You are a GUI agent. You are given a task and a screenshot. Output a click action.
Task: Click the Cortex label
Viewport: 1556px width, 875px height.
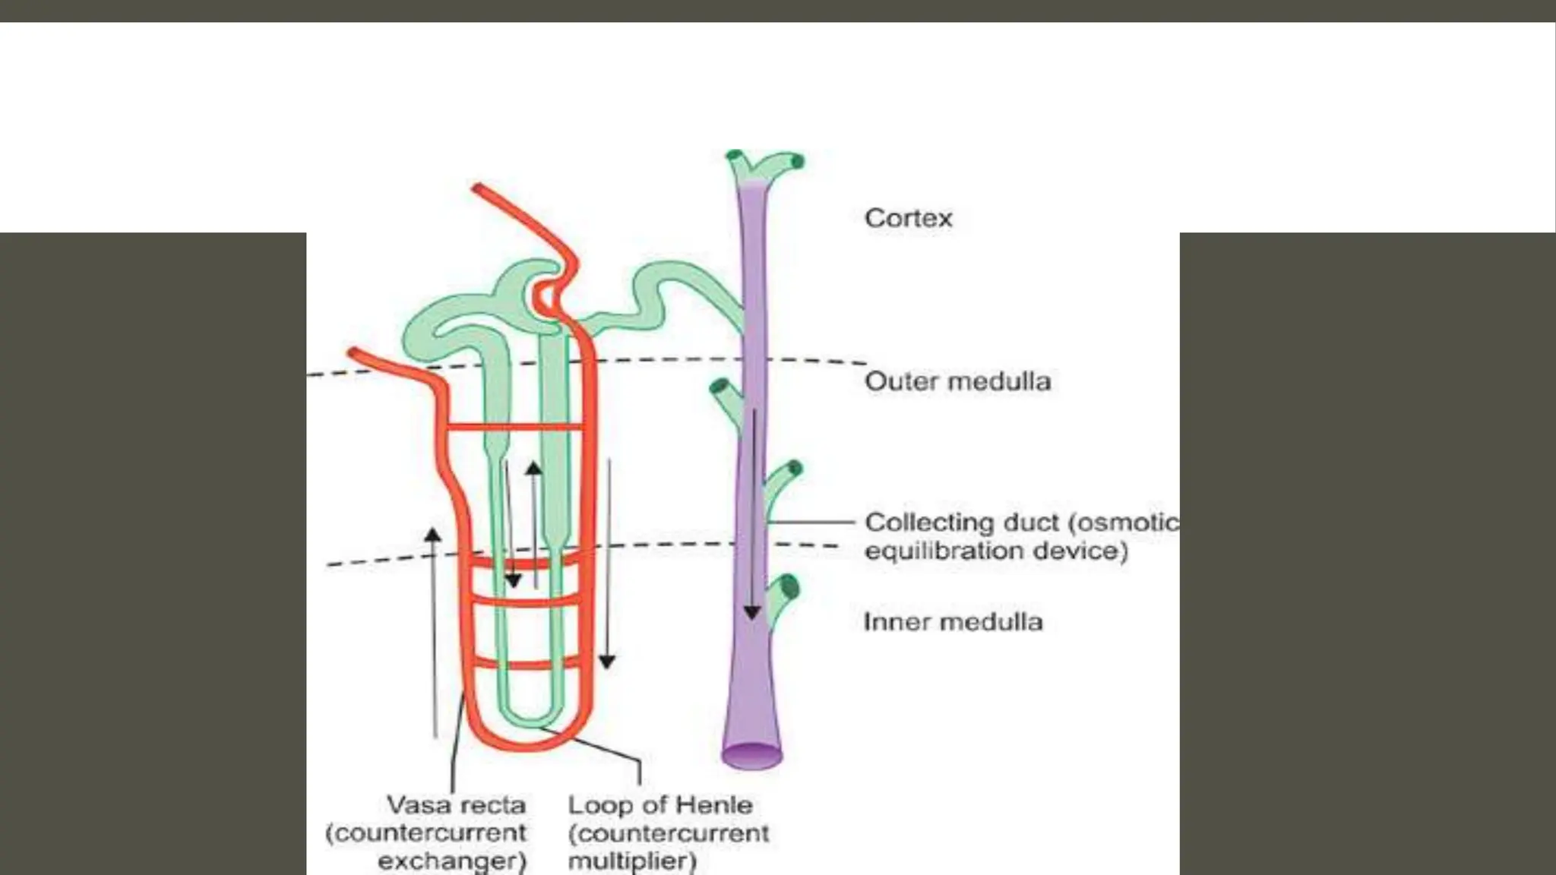coord(908,219)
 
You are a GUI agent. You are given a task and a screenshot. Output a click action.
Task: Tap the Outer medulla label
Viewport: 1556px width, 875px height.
coord(957,381)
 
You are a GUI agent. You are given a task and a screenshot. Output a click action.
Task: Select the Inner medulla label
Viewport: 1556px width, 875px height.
coord(953,622)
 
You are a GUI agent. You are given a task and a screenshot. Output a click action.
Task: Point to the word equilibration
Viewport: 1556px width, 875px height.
coord(939,551)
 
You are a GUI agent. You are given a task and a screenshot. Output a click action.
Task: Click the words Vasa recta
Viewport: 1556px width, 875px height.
coord(456,805)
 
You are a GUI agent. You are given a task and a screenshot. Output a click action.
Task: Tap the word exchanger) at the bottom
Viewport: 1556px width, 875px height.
coord(452,861)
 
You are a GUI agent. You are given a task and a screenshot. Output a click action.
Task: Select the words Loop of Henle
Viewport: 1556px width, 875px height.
coord(660,805)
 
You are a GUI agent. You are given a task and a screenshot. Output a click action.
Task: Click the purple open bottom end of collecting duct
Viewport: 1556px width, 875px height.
coord(751,757)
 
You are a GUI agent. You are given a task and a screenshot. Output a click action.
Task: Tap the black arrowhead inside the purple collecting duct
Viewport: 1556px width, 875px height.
coord(752,611)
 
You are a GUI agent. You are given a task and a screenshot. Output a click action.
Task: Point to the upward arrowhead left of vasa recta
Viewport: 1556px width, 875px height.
coord(433,535)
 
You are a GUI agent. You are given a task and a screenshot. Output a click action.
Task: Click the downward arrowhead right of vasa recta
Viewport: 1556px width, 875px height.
coord(606,662)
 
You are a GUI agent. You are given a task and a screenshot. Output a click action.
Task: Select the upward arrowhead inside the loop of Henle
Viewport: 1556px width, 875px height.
coord(534,468)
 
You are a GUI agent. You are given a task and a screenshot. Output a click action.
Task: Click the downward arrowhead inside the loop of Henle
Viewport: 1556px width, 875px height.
coord(514,580)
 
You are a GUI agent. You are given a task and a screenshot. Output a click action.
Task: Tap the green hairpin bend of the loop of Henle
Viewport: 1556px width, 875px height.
coord(530,718)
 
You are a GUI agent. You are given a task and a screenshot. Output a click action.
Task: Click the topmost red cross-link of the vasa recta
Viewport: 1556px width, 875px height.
coord(514,428)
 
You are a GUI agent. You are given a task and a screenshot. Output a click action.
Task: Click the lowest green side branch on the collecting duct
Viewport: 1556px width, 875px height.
coord(783,597)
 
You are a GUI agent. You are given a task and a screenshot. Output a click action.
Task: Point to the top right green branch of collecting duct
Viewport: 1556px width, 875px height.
coord(783,163)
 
